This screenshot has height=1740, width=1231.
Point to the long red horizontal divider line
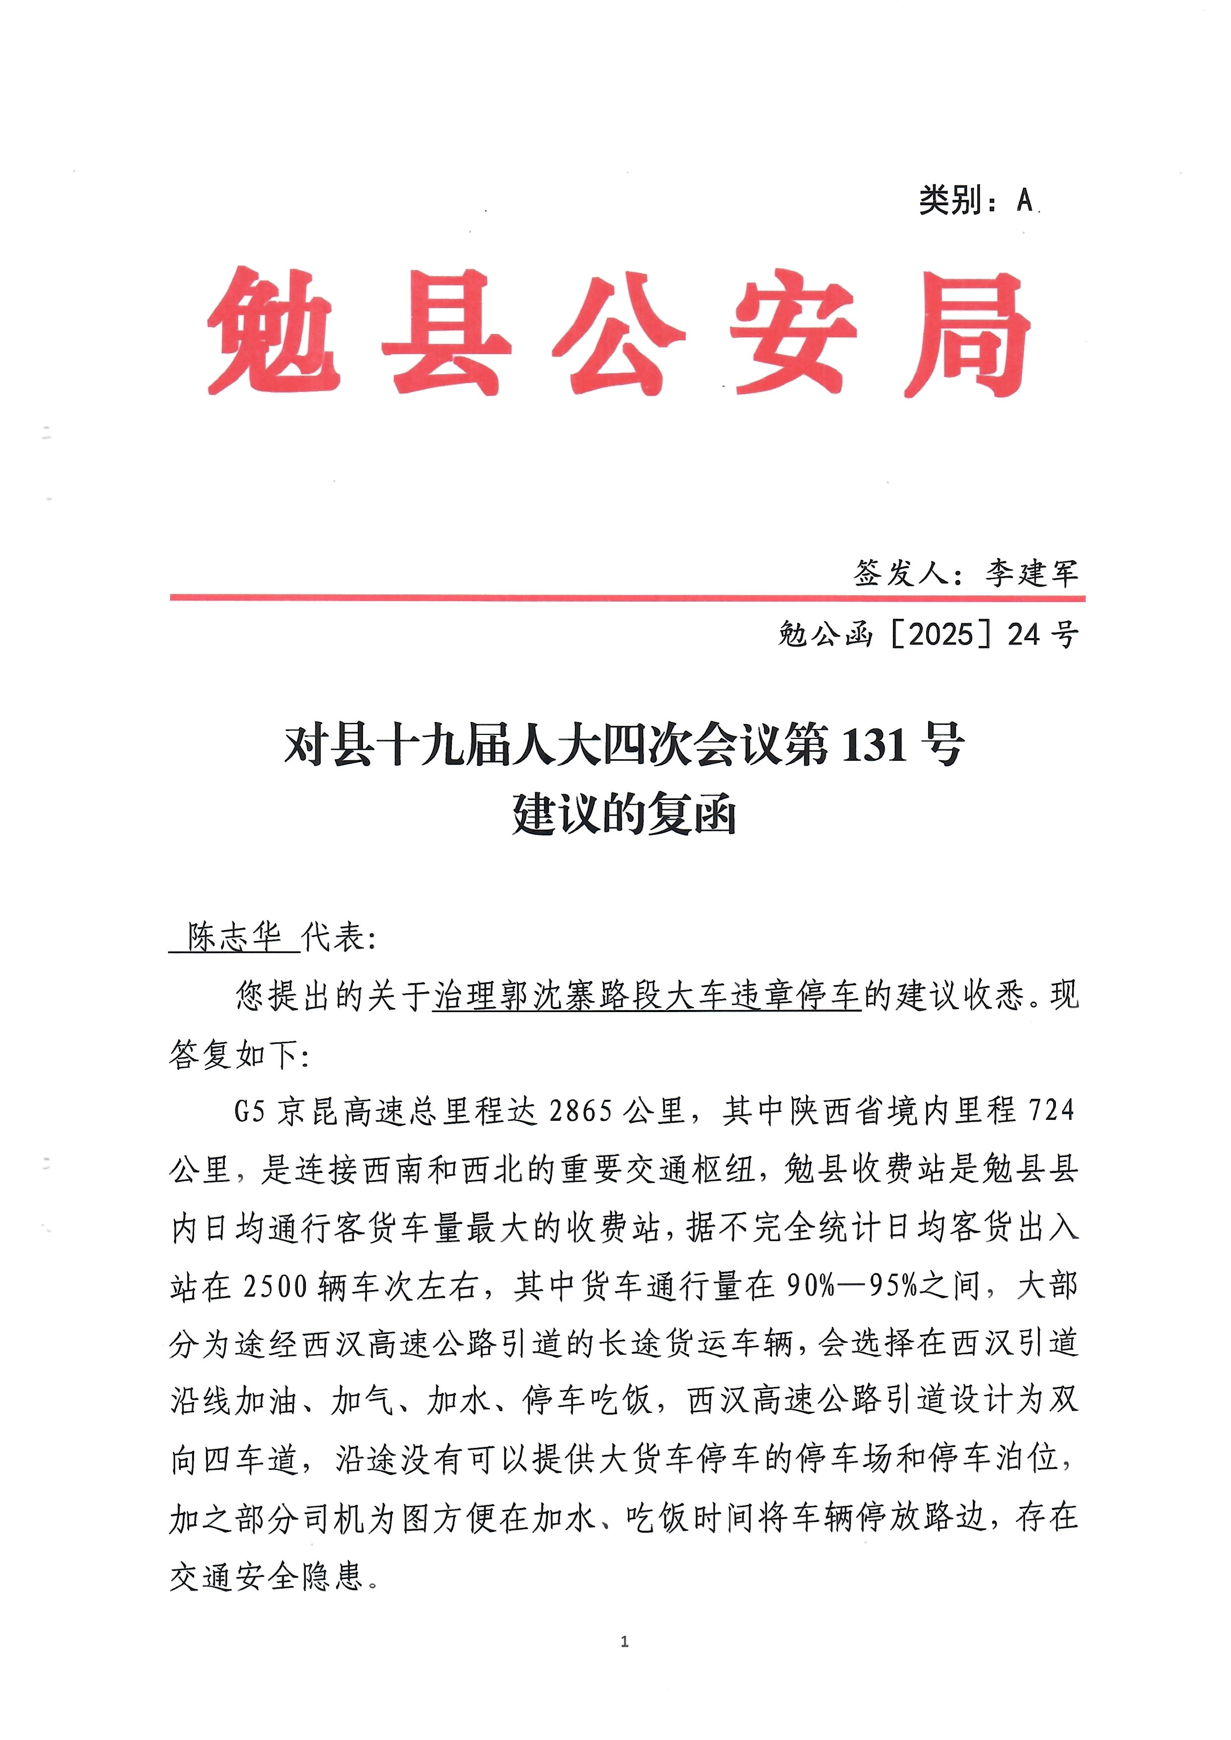[x=627, y=598]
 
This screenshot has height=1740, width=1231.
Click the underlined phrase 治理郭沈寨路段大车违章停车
[x=647, y=996]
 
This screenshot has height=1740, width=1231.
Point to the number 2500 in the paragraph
[x=275, y=1287]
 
